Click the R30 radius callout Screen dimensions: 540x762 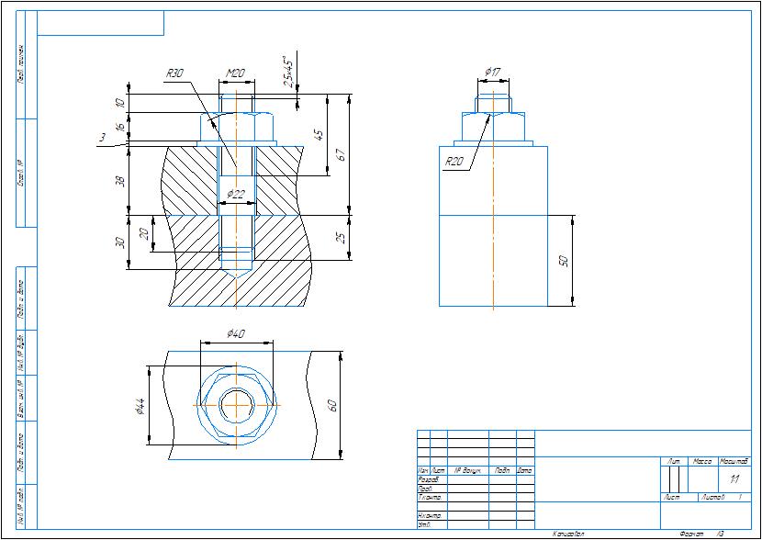click(x=175, y=73)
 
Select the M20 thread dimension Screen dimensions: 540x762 click(x=236, y=73)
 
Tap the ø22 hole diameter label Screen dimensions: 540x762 click(x=236, y=194)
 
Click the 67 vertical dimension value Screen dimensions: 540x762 click(x=339, y=153)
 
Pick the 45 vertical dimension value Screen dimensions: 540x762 click(x=318, y=134)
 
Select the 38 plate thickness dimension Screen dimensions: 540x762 click(x=119, y=180)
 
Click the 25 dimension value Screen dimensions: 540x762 click(x=340, y=240)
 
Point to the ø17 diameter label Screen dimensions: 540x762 click(x=492, y=72)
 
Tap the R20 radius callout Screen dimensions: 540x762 click(x=454, y=162)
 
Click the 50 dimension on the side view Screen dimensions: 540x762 click(x=565, y=261)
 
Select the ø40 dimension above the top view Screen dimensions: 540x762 click(x=235, y=334)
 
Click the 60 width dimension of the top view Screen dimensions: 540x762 click(x=332, y=404)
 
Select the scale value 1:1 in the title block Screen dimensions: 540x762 click(x=734, y=479)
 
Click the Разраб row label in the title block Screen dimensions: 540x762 click(x=428, y=479)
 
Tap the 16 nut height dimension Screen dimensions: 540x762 click(x=119, y=127)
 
